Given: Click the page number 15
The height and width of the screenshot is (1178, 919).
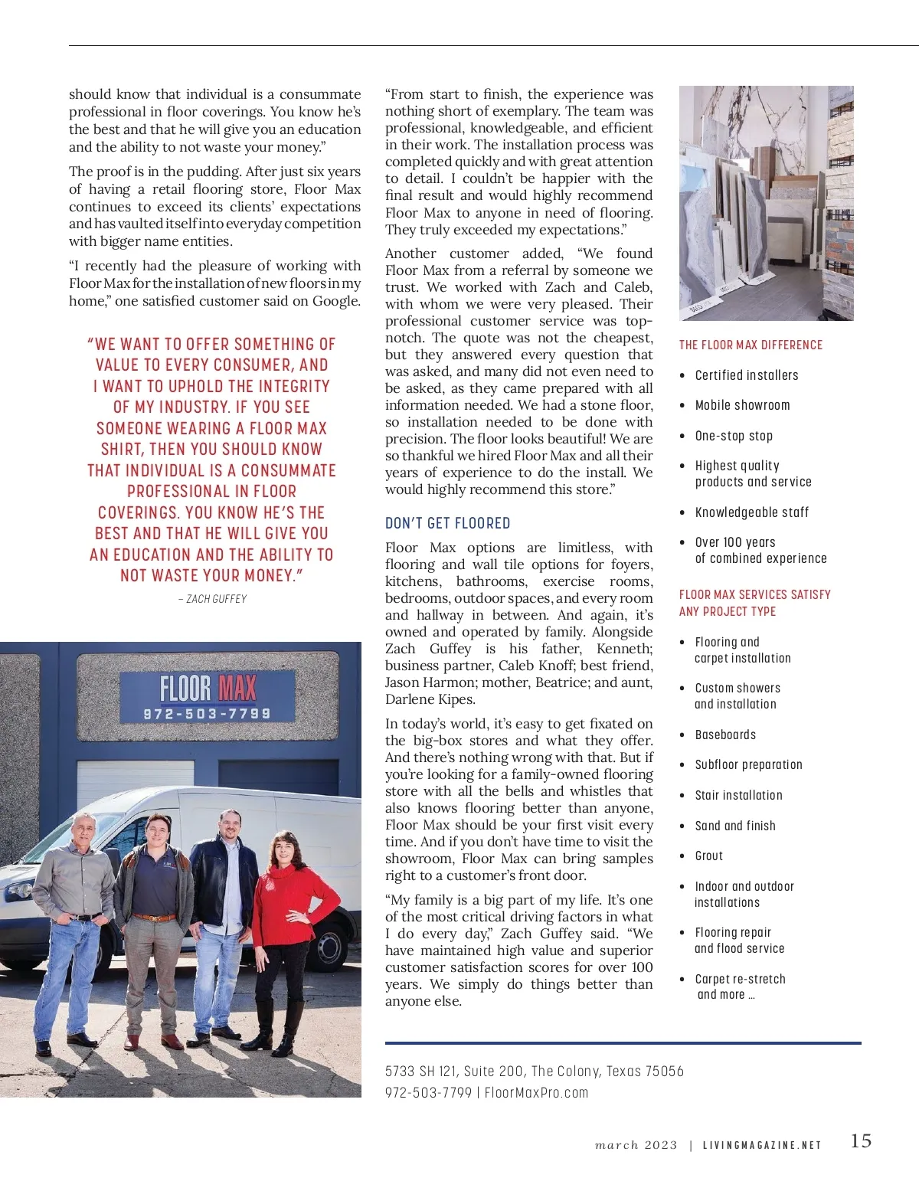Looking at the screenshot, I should click(x=861, y=1141).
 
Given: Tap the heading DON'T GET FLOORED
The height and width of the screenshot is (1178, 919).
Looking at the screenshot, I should click(x=447, y=524).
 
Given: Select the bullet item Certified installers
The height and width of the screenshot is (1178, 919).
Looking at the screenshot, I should click(x=746, y=375).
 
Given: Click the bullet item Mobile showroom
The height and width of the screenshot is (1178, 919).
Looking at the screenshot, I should click(x=742, y=405).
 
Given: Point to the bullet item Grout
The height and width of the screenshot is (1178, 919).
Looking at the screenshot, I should click(x=708, y=856).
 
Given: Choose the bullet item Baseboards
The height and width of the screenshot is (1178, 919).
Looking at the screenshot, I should click(x=725, y=735).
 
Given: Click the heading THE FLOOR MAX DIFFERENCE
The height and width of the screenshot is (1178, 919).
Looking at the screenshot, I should click(x=751, y=345).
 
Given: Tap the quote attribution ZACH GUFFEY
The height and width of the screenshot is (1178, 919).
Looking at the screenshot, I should click(x=212, y=599).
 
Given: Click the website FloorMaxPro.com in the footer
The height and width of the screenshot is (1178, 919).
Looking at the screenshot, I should click(x=536, y=1093).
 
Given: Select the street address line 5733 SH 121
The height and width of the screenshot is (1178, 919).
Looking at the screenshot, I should click(x=534, y=1072).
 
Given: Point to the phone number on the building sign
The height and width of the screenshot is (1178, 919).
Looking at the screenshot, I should click(x=207, y=714).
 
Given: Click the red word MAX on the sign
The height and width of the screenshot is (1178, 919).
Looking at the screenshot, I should click(x=237, y=688).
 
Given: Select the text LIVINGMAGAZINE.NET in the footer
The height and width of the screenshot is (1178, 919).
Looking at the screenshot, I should click(x=761, y=1146).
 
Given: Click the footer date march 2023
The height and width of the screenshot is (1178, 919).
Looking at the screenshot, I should click(x=636, y=1146).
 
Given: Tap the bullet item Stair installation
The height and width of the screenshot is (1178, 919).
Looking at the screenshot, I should click(x=738, y=796).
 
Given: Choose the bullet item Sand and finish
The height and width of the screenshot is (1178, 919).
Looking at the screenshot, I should click(x=734, y=826).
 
